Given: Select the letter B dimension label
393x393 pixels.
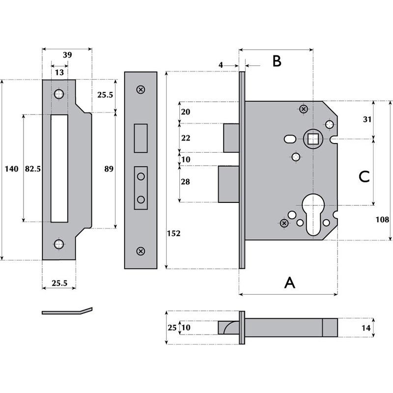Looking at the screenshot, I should click(277, 61).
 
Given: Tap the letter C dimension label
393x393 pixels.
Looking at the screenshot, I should click(364, 177).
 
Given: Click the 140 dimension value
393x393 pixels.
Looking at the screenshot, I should click(11, 169).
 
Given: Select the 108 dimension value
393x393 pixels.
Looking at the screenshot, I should click(382, 220).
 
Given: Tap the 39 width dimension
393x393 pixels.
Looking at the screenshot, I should click(67, 55).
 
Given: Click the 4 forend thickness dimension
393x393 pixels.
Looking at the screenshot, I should click(221, 65).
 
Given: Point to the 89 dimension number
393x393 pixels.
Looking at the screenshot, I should click(109, 169).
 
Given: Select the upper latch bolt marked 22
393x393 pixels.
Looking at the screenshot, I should click(231, 138).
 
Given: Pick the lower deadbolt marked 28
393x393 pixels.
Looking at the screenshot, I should click(228, 184).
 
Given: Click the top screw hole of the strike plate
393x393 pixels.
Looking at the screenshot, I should click(59, 94).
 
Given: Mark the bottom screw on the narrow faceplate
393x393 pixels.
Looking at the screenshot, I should click(141, 251).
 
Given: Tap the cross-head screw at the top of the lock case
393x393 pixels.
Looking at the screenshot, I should click(304, 109).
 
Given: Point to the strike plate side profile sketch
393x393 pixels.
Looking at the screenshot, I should click(67, 311).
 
